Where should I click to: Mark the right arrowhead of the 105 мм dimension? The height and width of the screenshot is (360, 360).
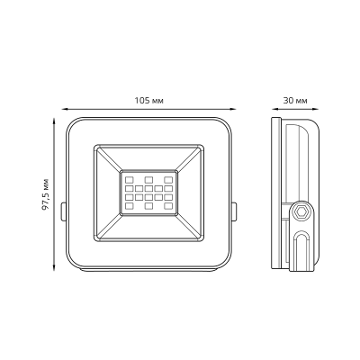click(229, 110)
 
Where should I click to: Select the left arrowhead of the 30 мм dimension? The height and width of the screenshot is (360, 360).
click(274, 110)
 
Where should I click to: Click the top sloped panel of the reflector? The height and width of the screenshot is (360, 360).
click(148, 155)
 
